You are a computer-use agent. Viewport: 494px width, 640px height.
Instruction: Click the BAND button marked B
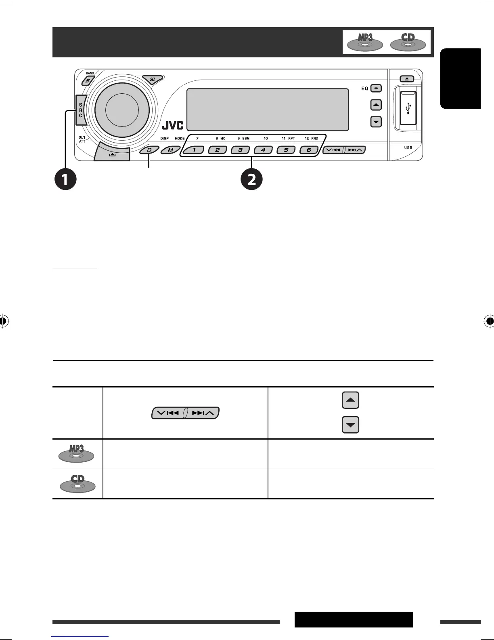(x=87, y=81)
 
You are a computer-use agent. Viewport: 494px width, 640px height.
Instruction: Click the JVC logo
(x=172, y=126)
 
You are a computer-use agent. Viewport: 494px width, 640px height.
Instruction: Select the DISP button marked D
(x=149, y=150)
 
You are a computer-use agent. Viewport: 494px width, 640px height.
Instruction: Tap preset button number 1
(x=195, y=150)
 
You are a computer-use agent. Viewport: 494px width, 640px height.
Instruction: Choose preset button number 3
(x=240, y=150)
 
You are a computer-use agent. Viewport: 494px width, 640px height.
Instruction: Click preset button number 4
(x=263, y=150)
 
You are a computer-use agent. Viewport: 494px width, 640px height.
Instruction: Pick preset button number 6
(x=309, y=150)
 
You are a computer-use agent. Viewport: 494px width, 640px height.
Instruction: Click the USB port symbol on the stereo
(x=408, y=108)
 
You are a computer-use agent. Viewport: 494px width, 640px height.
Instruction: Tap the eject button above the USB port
(x=407, y=79)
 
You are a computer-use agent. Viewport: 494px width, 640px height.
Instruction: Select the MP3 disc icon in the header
(x=364, y=42)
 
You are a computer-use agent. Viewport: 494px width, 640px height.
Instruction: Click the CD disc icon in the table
(x=77, y=484)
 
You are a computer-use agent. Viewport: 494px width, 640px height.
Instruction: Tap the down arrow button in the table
(x=350, y=425)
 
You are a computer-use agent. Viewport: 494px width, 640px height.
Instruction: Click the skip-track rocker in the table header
(x=185, y=413)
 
